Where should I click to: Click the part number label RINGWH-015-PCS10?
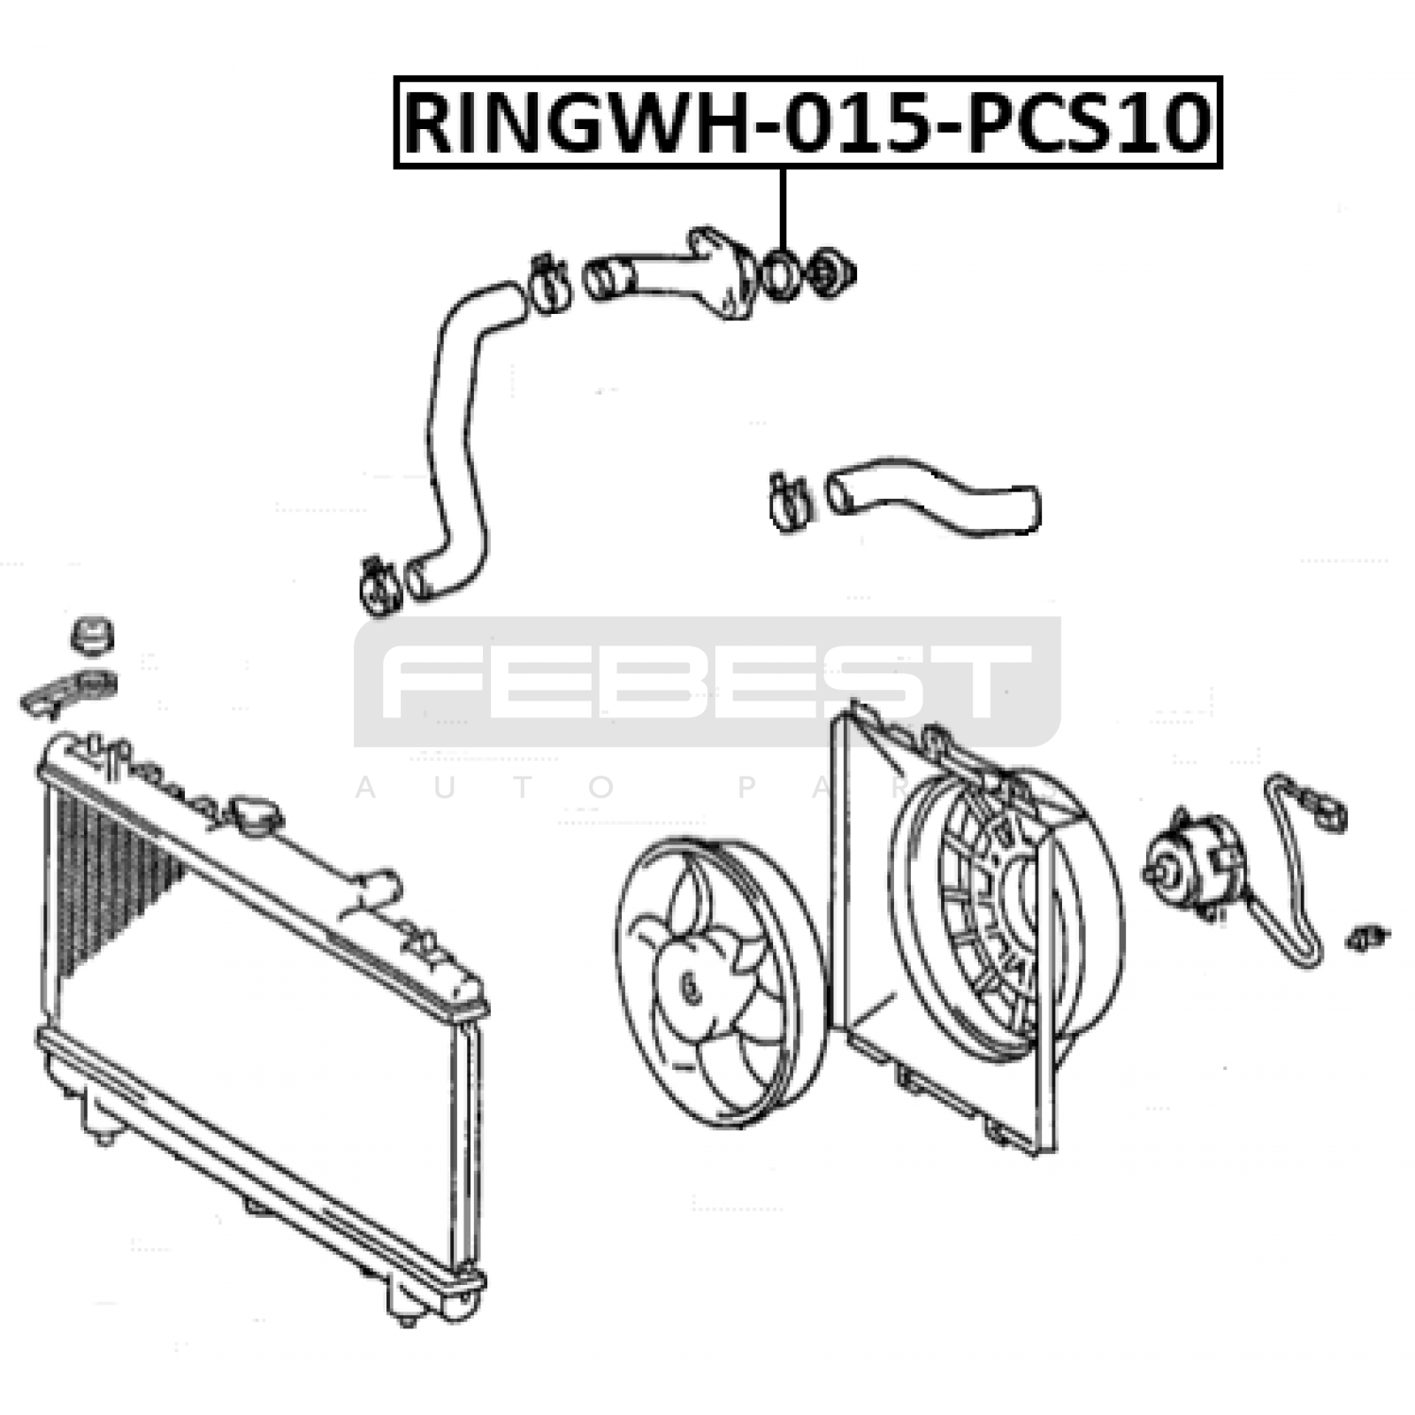(807, 123)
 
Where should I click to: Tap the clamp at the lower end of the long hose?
(380, 585)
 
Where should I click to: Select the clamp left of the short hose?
(789, 502)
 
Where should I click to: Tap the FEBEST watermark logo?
(707, 682)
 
